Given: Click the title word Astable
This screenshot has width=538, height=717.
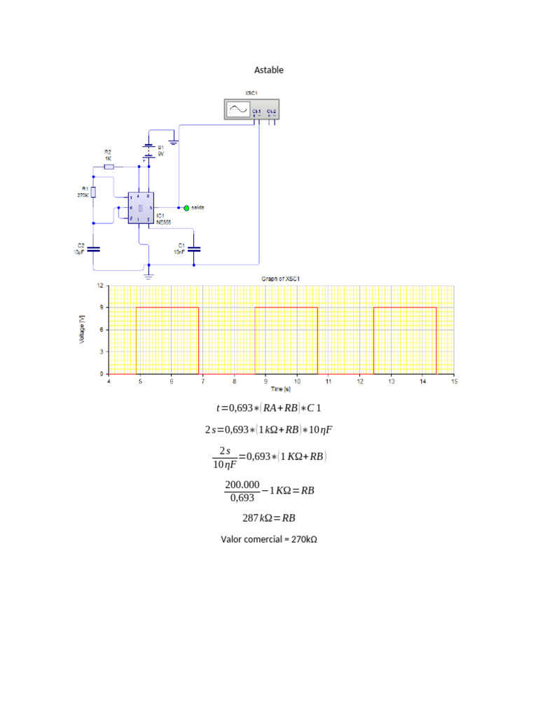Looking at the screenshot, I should (268, 70).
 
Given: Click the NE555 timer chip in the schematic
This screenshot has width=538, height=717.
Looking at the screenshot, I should (140, 208).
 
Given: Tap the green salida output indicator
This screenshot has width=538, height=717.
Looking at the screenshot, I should (186, 207).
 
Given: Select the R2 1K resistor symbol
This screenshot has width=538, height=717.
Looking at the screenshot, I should (109, 167).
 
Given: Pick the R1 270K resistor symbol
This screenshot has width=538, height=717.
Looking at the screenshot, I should (94, 193).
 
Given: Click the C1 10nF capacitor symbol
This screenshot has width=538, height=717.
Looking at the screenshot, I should (195, 248).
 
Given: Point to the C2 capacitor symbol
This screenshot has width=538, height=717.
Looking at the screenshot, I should (94, 248).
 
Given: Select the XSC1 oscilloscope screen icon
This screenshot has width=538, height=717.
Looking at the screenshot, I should (237, 109).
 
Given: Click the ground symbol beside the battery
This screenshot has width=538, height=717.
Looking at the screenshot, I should (174, 142).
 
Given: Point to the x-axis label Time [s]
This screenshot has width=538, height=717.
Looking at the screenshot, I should (281, 389).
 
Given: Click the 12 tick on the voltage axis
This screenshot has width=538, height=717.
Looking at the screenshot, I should (99, 286).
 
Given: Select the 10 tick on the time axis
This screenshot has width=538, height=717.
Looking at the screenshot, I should (297, 382).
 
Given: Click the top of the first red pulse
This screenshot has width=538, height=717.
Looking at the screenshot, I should (167, 307).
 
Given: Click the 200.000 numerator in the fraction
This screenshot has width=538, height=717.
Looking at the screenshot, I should (242, 485).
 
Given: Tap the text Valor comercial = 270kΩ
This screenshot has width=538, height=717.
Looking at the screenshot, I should (269, 540).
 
